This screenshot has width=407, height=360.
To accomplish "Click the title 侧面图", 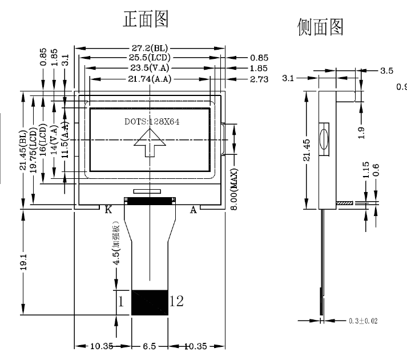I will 320,26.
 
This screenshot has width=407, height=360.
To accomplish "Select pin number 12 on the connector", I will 176,301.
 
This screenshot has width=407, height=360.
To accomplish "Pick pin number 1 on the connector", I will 120,301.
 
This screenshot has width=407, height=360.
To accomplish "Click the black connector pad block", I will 150,302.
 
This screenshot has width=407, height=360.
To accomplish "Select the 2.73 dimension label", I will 259,78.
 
